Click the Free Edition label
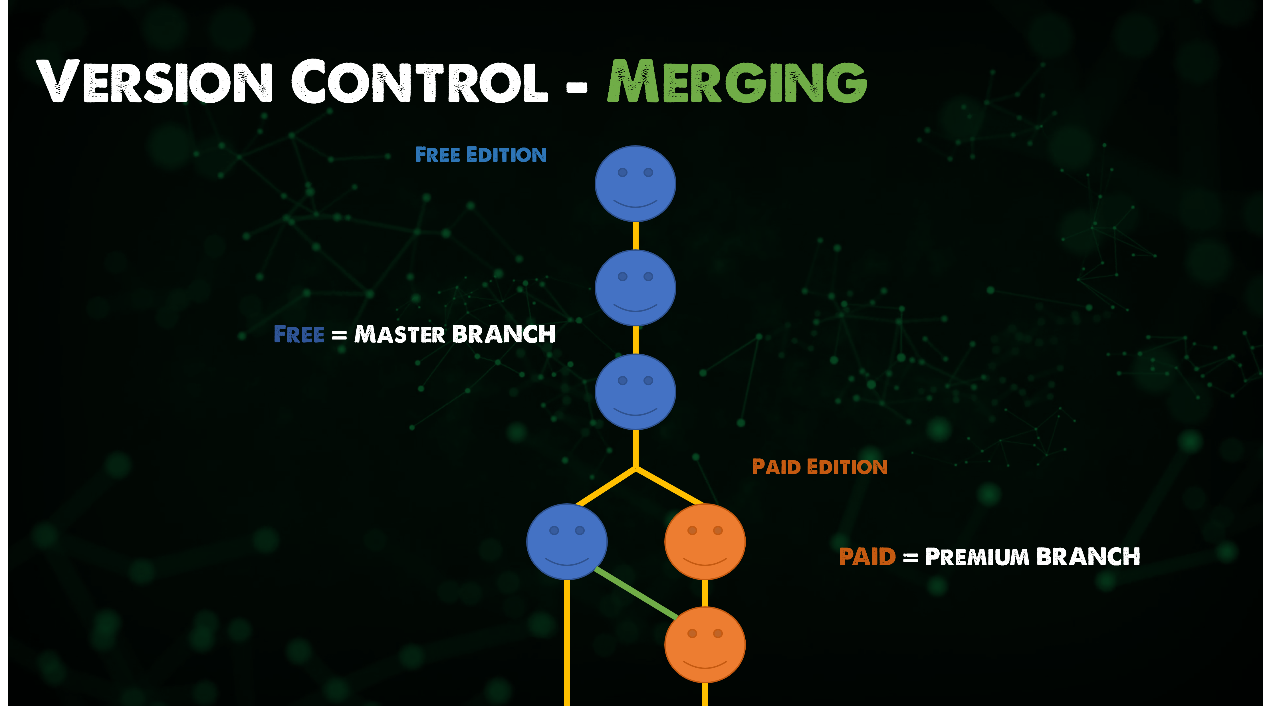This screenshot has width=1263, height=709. click(x=481, y=155)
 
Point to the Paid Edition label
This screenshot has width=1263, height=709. click(x=819, y=467)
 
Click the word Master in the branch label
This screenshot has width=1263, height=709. click(x=399, y=334)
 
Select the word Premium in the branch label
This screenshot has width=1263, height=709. click(x=977, y=557)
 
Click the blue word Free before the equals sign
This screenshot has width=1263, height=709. click(x=298, y=334)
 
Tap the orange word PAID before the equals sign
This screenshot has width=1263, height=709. click(x=867, y=557)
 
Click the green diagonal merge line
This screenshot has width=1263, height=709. click(x=636, y=593)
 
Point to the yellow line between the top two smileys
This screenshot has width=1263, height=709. click(x=635, y=236)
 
